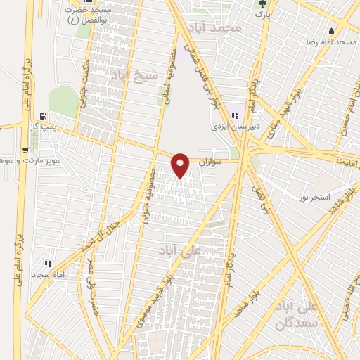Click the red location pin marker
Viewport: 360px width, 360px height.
pyautogui.click(x=181, y=165)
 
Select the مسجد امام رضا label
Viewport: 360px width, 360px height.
pyautogui.click(x=336, y=43)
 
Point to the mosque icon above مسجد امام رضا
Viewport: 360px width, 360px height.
pyautogui.click(x=331, y=32)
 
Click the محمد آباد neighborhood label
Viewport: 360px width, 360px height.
pyautogui.click(x=238, y=28)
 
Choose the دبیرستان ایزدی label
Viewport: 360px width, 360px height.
pyautogui.click(x=236, y=127)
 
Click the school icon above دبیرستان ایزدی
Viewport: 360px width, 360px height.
pyautogui.click(x=236, y=116)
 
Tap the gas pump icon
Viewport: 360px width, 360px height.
pyautogui.click(x=44, y=116)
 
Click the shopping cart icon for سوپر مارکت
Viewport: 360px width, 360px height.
pyautogui.click(x=26, y=150)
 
